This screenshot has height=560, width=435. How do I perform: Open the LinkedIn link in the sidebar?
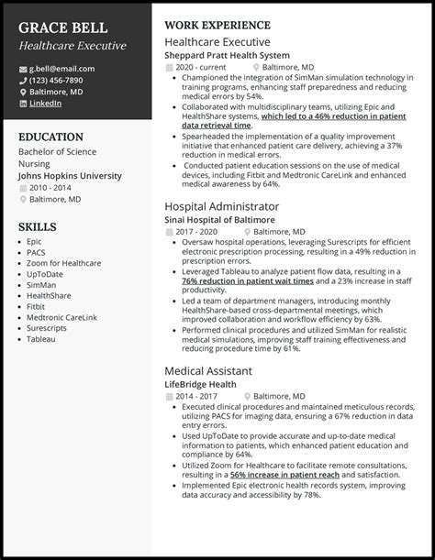tap(45, 104)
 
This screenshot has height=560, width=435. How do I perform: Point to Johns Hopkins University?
tap(68, 174)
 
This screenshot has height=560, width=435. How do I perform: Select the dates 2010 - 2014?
tap(50, 187)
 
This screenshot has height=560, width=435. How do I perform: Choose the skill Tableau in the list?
tap(41, 339)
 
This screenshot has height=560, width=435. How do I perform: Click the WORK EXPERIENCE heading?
tap(217, 26)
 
